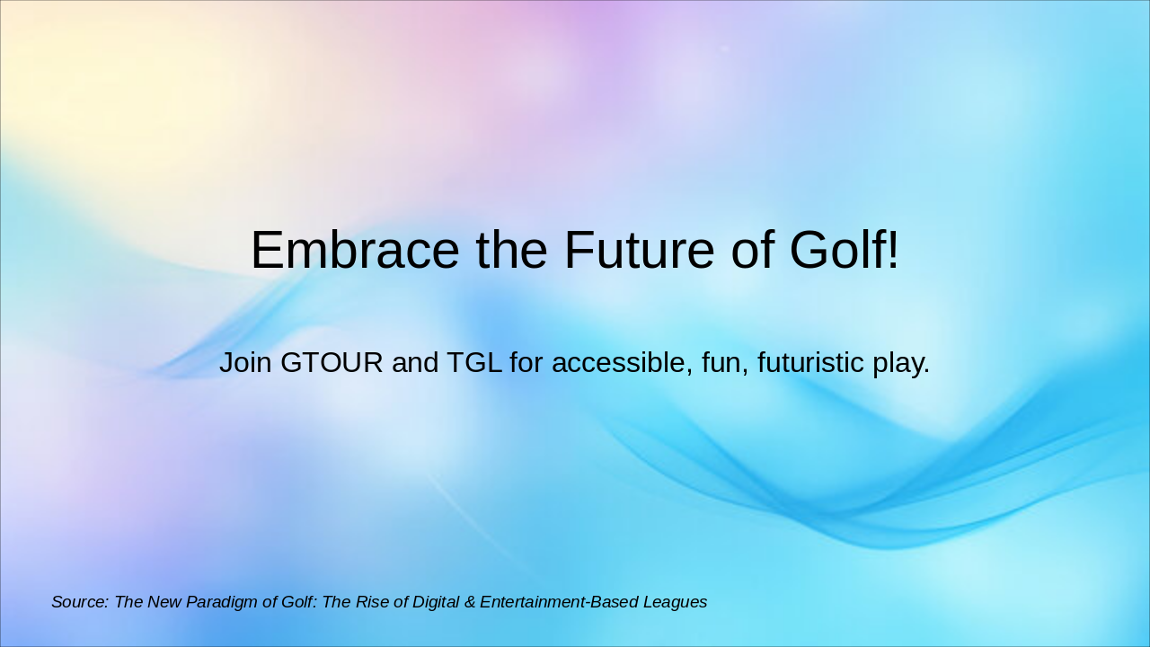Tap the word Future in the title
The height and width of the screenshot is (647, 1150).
[639, 250]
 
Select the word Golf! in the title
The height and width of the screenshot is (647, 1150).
[844, 250]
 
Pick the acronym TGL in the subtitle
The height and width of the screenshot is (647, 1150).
[474, 363]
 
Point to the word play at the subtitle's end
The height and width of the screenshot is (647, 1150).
[900, 363]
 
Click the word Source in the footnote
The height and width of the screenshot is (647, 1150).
[80, 602]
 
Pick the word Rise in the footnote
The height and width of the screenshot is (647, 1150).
[374, 602]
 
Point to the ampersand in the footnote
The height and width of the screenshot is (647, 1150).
[472, 602]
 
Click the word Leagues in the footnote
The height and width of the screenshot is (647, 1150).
[675, 602]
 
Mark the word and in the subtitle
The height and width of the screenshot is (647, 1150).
[416, 363]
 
